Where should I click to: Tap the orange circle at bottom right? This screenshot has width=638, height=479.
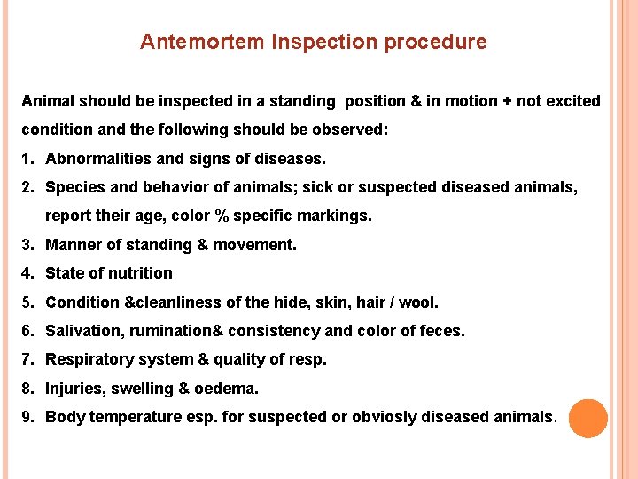tap(587, 418)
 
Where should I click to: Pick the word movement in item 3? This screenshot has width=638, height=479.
tap(263, 245)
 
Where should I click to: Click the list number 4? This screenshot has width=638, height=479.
tap(27, 273)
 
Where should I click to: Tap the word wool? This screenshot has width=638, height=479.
tap(418, 302)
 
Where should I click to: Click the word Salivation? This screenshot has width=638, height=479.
tap(82, 331)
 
